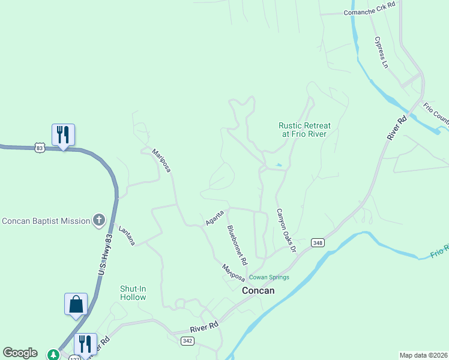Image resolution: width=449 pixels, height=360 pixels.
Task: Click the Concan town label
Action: pyautogui.click(x=258, y=290)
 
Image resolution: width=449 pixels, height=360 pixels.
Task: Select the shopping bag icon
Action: pyautogui.click(x=76, y=304)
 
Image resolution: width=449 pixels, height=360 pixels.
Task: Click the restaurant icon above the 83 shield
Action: pyautogui.click(x=64, y=135)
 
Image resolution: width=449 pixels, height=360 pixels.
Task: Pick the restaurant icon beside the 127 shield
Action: pyautogui.click(x=85, y=344)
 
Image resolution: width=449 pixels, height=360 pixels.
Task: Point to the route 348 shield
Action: pyautogui.click(x=318, y=242)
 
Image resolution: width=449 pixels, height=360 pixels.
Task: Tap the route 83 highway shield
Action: pyautogui.click(x=40, y=148)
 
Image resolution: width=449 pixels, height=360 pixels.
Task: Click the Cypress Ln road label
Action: pyautogui.click(x=382, y=52)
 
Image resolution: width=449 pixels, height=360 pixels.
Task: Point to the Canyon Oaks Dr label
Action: pyautogui.click(x=286, y=230)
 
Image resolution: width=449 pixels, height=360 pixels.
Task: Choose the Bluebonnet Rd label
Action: pyautogui.click(x=237, y=245)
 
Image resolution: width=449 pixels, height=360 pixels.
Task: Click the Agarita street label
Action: pyautogui.click(x=214, y=217)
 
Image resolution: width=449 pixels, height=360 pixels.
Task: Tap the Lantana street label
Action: pyautogui.click(x=127, y=235)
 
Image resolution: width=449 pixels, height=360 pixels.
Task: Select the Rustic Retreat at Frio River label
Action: pyautogui.click(x=304, y=130)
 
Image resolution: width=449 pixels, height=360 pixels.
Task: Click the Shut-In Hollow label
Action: pyautogui.click(x=133, y=293)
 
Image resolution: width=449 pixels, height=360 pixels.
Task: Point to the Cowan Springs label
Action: pyautogui.click(x=270, y=277)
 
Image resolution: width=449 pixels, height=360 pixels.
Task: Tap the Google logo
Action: pyautogui.click(x=20, y=353)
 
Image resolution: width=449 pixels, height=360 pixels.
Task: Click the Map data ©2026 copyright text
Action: pyautogui.click(x=423, y=355)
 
